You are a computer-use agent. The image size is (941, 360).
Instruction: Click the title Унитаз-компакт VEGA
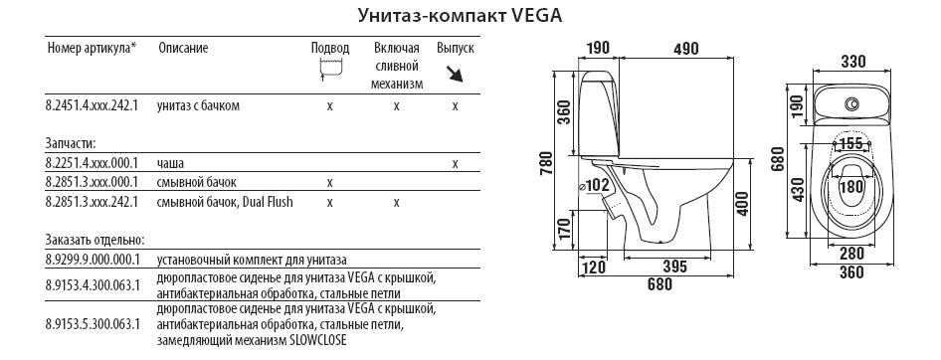click(x=460, y=15)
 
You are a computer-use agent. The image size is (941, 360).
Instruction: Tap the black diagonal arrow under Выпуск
click(x=456, y=75)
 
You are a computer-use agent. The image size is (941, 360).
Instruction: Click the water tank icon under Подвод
click(x=329, y=68)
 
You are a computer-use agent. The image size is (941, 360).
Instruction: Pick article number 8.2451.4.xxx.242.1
click(x=92, y=106)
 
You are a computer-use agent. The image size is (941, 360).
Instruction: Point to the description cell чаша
click(x=170, y=163)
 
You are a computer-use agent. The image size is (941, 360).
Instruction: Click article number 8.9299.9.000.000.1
click(x=93, y=260)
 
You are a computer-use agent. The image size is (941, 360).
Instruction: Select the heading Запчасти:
click(x=71, y=143)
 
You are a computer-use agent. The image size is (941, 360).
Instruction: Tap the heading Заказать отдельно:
click(x=94, y=240)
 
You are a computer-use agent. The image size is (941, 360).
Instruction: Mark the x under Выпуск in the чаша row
click(x=456, y=163)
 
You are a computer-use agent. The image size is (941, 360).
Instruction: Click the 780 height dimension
click(x=546, y=162)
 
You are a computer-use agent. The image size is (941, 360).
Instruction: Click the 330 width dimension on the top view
click(x=851, y=62)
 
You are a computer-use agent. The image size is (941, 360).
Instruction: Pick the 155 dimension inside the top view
click(x=851, y=143)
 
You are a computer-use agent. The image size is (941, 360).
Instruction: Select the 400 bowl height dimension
click(x=742, y=205)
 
